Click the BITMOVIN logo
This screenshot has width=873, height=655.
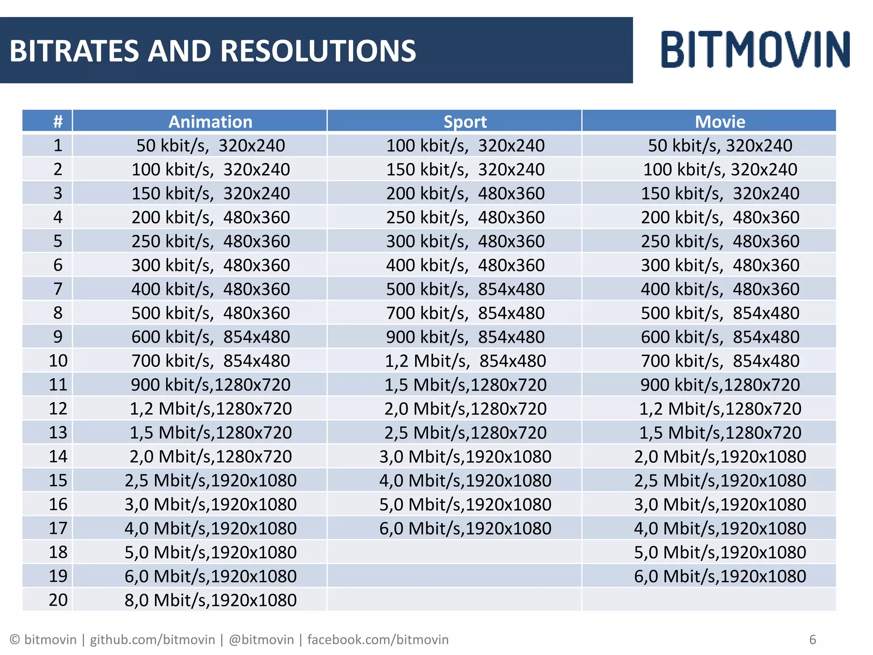coord(755,49)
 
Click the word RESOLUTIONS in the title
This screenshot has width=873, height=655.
coord(318,51)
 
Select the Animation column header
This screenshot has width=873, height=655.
coord(210,122)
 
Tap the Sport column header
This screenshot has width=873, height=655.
coord(465,122)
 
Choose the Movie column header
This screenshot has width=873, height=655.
coord(720,122)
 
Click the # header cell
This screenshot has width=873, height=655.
coord(58,122)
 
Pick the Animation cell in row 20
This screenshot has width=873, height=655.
coord(210,600)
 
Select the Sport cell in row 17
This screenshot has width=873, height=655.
coord(465,528)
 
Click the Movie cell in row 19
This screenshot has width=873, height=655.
coord(720,576)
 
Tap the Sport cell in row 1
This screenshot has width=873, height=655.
coord(465,146)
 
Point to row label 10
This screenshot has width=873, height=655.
coord(58,361)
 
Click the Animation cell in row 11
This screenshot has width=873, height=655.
coord(210,385)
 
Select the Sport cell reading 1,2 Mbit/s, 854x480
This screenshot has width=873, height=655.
coord(465,361)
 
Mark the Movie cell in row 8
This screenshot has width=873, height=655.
coord(720,313)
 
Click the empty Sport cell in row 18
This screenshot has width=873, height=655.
coord(454,552)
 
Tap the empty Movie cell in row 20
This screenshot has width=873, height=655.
coord(708,600)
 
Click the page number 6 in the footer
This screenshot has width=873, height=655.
coord(812,640)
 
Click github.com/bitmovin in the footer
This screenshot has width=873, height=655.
coord(152,640)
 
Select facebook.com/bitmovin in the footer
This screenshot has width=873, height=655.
coord(378,640)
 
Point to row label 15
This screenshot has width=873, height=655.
coord(58,481)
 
